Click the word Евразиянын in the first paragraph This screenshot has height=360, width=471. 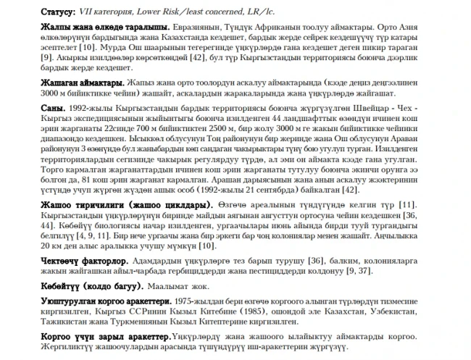pos(183,25)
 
